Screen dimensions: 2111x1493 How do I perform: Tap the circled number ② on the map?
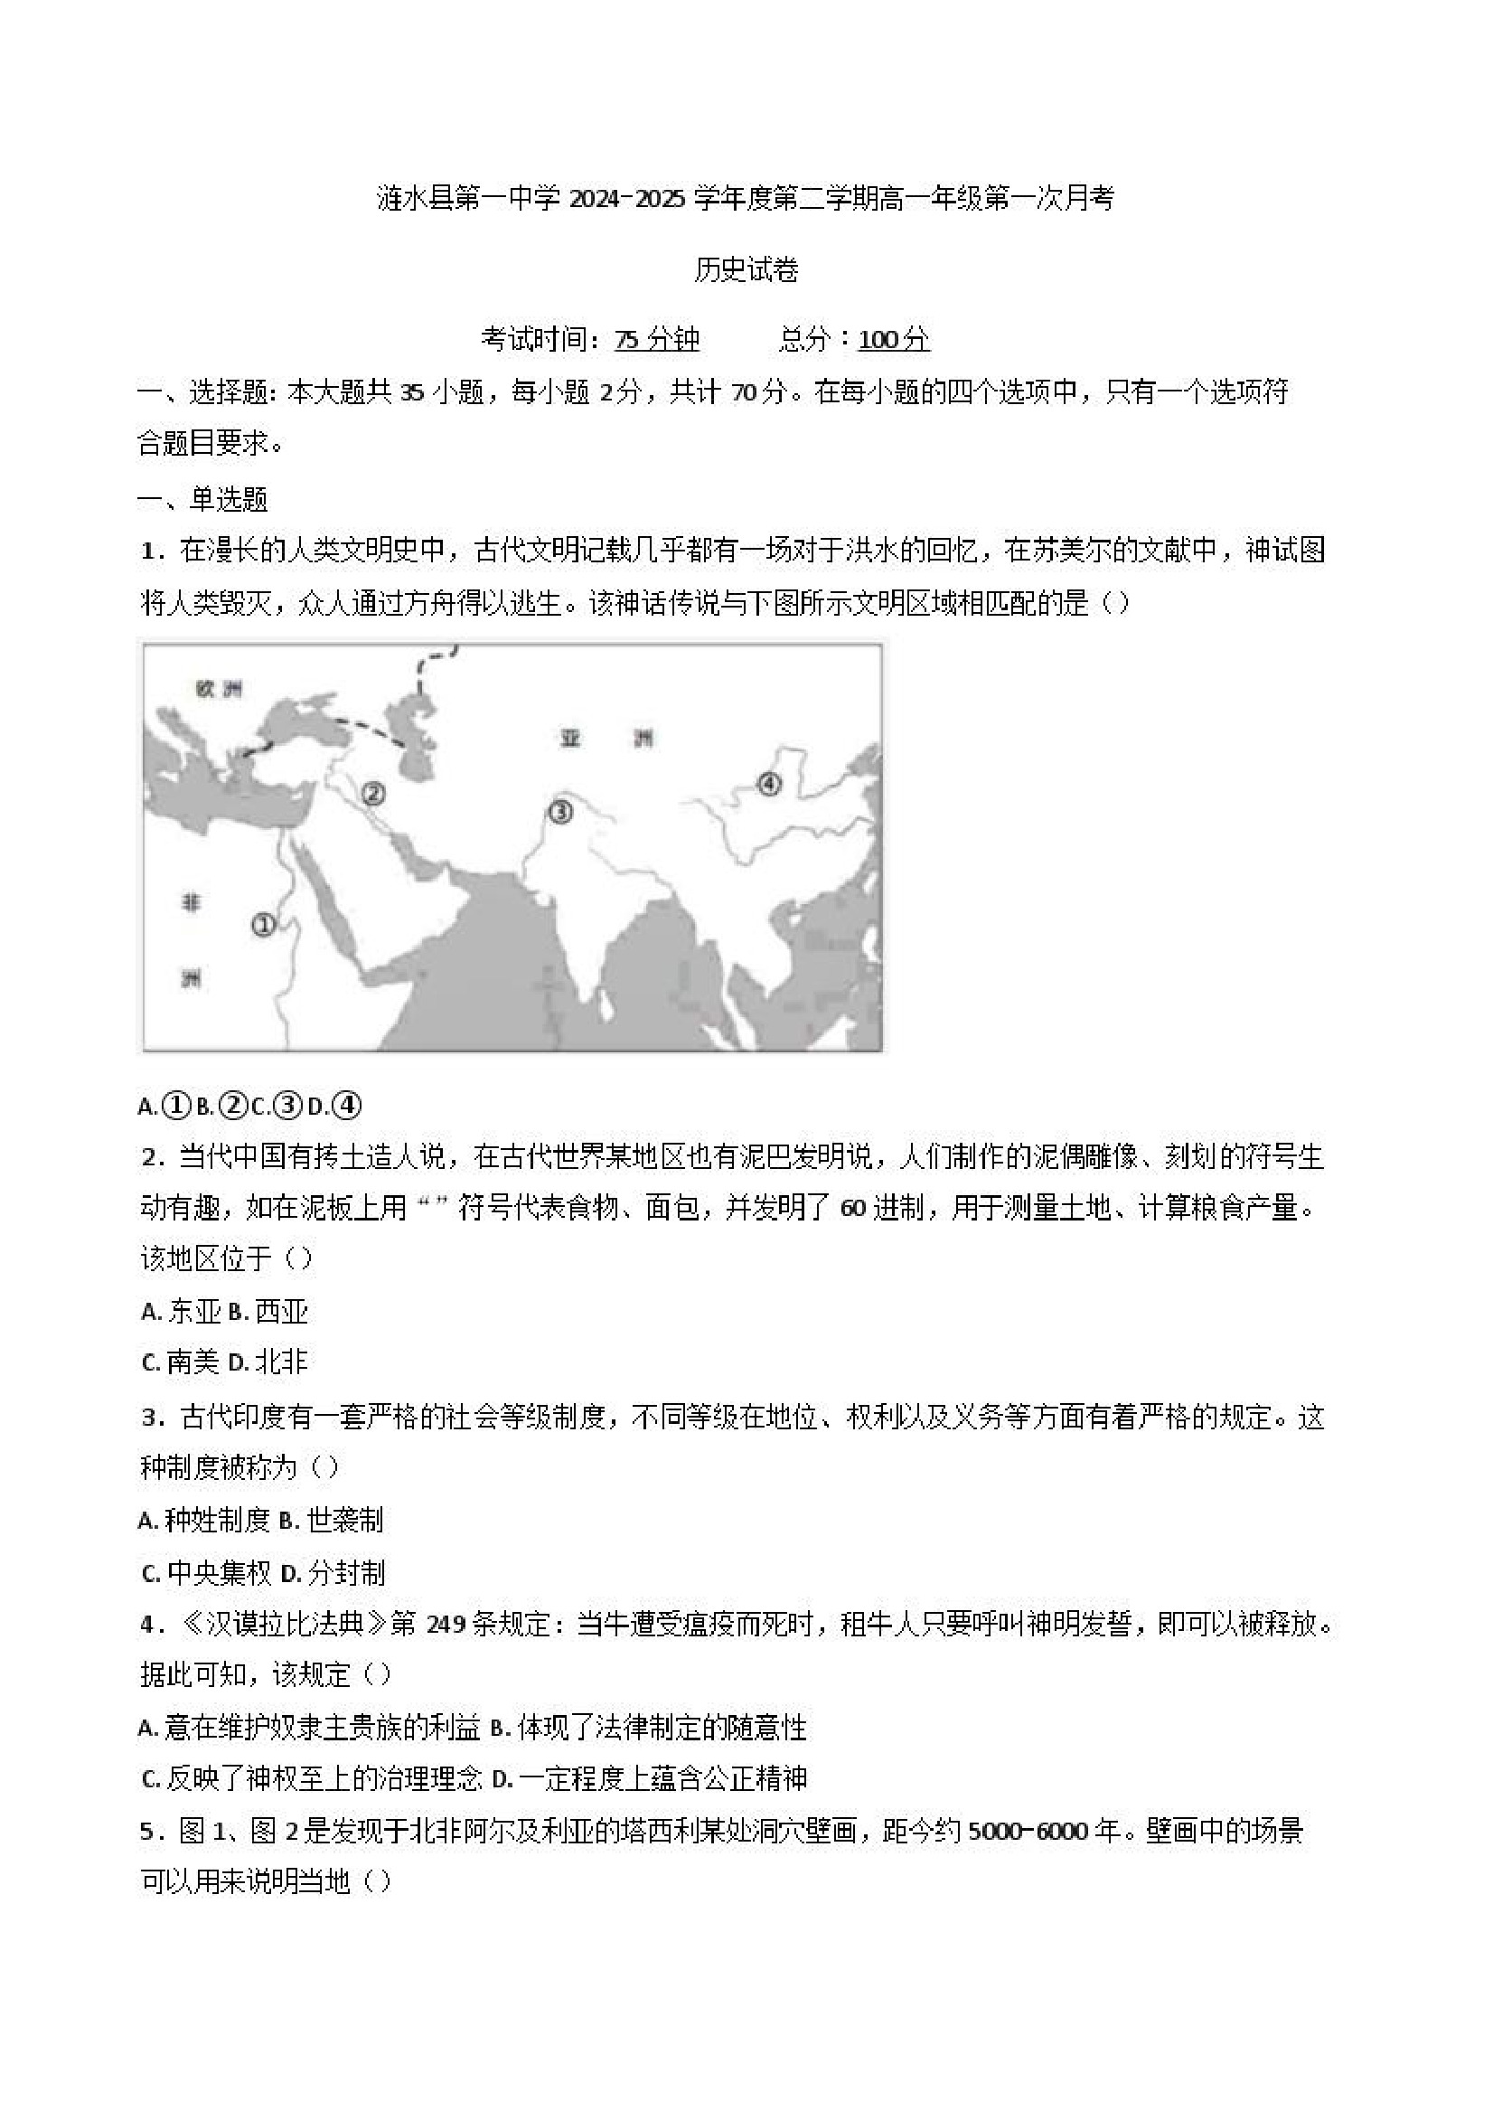[x=373, y=793]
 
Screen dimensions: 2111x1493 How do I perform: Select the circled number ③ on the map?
[x=560, y=811]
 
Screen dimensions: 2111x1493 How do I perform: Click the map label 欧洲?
[x=219, y=689]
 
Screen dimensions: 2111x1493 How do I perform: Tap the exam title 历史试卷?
[x=746, y=269]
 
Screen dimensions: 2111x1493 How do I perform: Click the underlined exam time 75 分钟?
[x=657, y=340]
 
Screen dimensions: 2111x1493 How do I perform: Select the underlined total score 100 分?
[x=894, y=340]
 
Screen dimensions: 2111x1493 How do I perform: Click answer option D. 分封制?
[x=332, y=1573]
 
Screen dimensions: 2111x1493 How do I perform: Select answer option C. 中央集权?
[x=207, y=1573]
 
